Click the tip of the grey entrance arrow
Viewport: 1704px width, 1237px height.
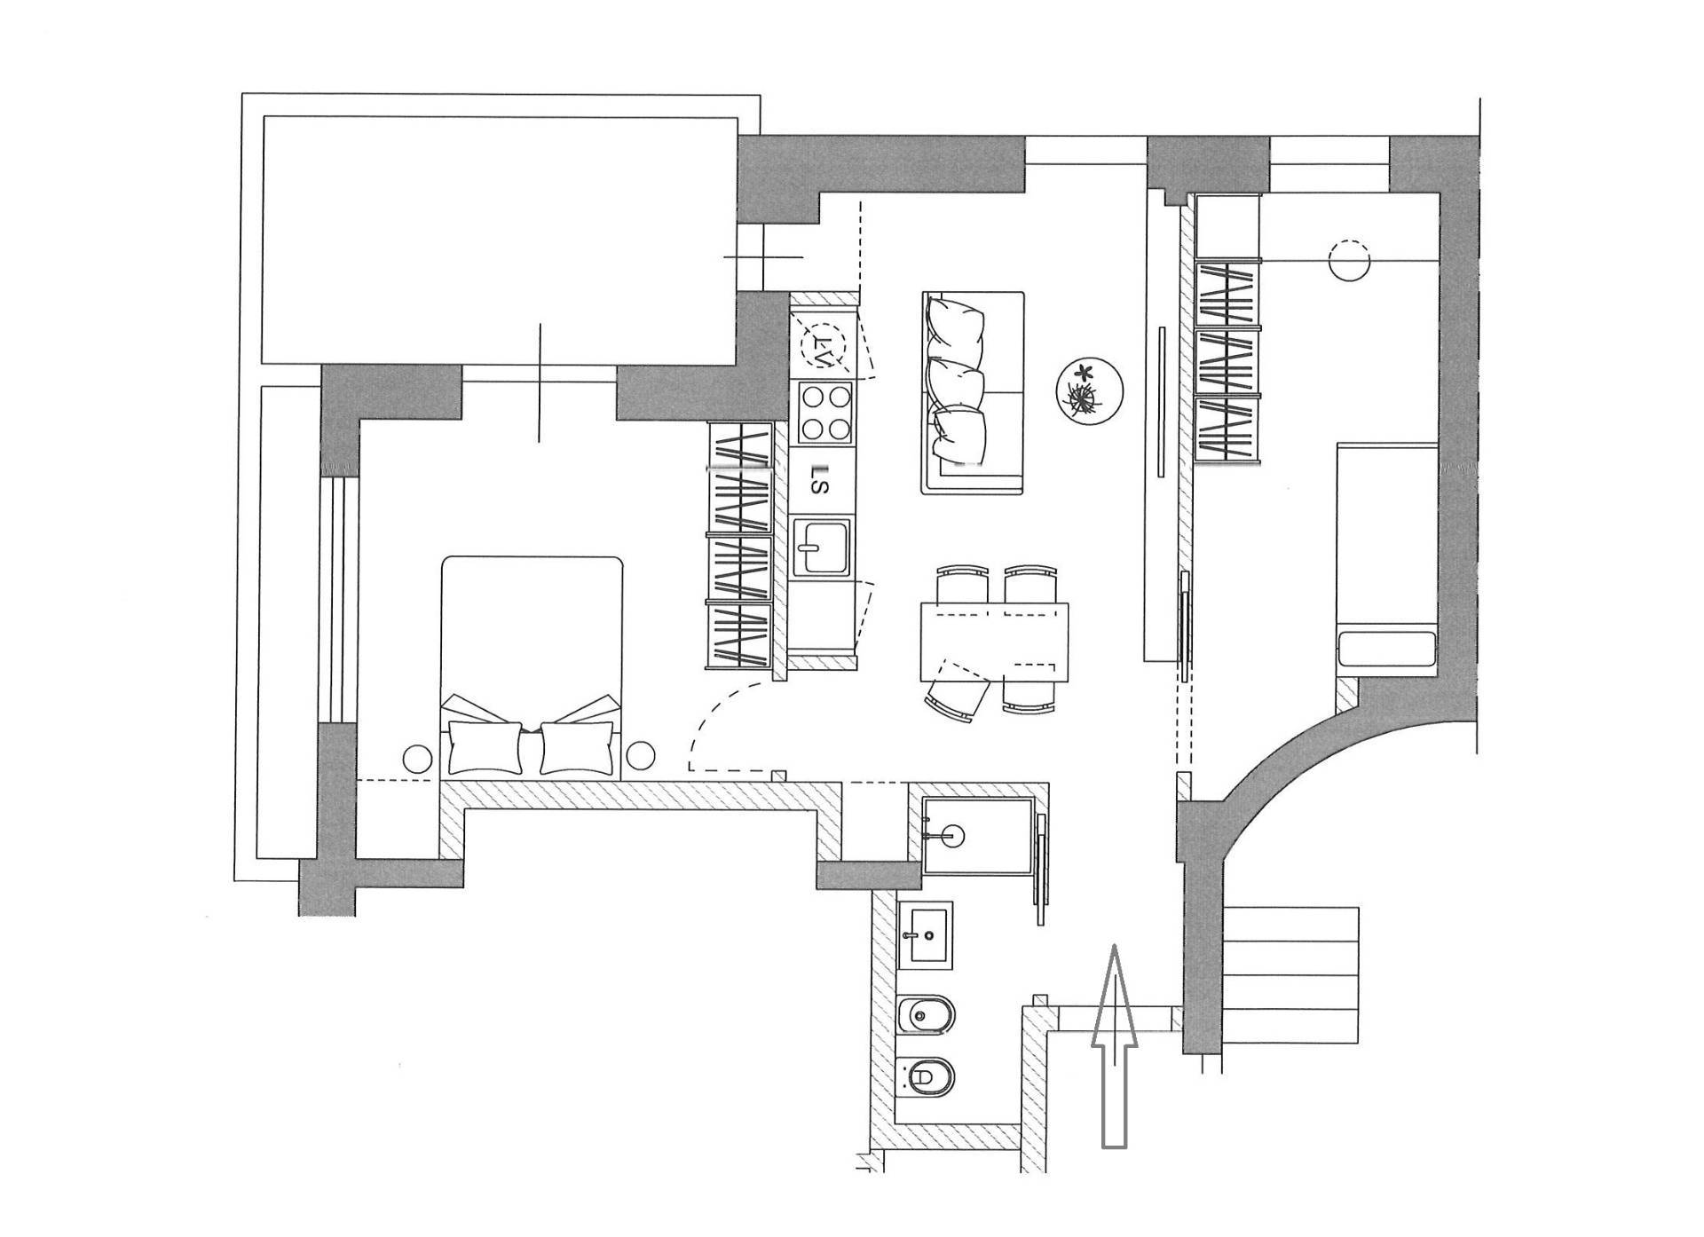click(1115, 946)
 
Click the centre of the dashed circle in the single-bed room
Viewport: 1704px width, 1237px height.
click(1349, 260)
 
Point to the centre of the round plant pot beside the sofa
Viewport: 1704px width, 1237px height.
click(1090, 390)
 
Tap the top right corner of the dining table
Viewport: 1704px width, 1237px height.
click(1069, 603)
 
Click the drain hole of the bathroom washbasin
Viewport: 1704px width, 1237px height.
click(928, 934)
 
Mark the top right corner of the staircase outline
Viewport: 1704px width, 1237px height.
click(1359, 907)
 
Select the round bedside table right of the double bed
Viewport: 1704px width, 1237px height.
click(640, 757)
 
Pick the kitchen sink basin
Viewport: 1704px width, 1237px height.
click(821, 548)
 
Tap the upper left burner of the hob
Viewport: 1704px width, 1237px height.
click(811, 398)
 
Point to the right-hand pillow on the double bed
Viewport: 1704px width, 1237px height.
click(577, 747)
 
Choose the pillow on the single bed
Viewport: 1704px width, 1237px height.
click(1387, 649)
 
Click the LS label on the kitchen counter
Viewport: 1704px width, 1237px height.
click(822, 479)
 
